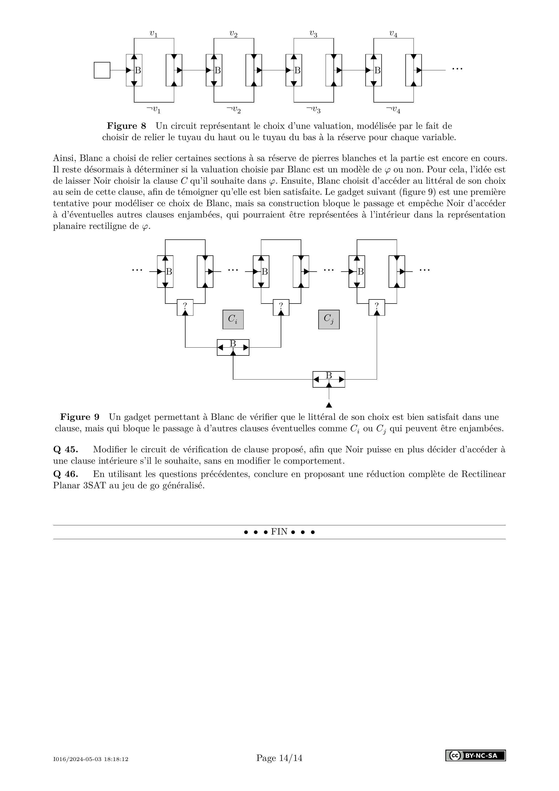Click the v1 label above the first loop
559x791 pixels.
154,34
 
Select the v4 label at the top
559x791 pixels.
393,34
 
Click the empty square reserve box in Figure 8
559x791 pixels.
102,70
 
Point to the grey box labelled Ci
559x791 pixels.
233,319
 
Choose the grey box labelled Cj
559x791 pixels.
329,319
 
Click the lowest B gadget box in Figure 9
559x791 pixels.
329,379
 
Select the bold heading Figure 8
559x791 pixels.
126,126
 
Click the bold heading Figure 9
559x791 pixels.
80,417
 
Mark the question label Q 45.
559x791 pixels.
65,449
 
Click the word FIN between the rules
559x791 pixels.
279,532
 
